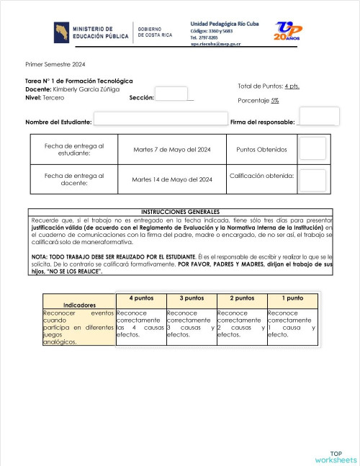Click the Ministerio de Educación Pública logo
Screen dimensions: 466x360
click(x=91, y=32)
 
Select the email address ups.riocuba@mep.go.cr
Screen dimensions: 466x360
click(x=216, y=44)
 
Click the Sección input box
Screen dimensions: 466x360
click(x=171, y=94)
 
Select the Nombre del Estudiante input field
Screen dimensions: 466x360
click(x=161, y=120)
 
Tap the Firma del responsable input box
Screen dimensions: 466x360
click(x=319, y=116)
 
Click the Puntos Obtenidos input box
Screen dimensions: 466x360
click(x=312, y=149)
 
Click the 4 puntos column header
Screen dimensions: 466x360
click(x=140, y=297)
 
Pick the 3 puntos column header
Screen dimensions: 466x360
click(x=191, y=297)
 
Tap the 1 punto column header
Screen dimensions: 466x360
click(x=292, y=297)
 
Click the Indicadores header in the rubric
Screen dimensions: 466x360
click(x=79, y=305)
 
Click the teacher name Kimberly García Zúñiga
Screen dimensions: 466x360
click(x=86, y=89)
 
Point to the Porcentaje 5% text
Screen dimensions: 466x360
click(x=258, y=100)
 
